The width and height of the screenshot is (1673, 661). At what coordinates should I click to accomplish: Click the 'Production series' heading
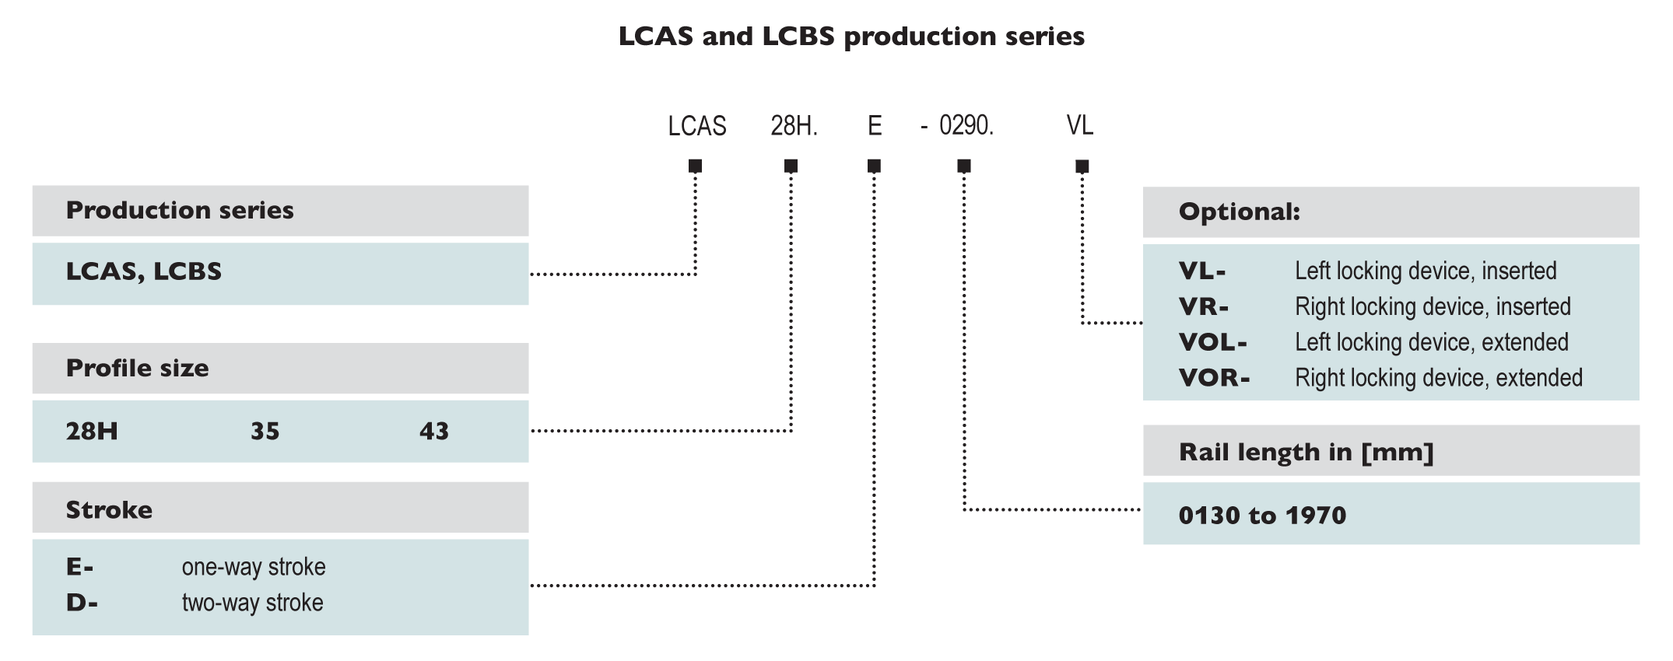point(180,210)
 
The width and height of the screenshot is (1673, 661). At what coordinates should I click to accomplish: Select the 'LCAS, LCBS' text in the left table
point(143,271)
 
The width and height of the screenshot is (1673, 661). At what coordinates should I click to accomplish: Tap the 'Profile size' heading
point(137,368)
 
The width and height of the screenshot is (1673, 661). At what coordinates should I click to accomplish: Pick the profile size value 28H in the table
point(92,431)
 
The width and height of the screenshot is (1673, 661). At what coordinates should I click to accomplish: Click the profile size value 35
point(265,431)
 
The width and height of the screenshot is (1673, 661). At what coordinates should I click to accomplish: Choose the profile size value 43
point(434,431)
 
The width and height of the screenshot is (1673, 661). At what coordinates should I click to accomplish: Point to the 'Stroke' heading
point(109,510)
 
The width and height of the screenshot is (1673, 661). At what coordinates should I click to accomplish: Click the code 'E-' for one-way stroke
point(79,567)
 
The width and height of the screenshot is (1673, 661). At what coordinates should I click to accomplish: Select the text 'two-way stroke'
point(252,603)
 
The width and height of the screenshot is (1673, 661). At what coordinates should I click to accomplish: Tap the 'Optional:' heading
point(1239,212)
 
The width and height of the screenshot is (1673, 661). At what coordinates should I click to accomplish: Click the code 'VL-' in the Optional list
point(1201,271)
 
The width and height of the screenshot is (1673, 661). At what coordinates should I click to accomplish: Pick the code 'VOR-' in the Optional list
point(1214,378)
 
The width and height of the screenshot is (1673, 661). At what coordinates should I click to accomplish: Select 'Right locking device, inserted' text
point(1433,306)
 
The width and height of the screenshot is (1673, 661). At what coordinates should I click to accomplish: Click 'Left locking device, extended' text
point(1431,342)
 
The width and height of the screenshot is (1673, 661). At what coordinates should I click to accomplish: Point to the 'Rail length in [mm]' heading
point(1306,452)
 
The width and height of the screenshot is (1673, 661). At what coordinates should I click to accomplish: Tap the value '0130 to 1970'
point(1262,515)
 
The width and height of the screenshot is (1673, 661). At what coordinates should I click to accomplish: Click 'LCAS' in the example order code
point(696,126)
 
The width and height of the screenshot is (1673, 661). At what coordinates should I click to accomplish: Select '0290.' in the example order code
point(966,125)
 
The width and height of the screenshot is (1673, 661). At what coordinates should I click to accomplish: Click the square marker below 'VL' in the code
point(1082,166)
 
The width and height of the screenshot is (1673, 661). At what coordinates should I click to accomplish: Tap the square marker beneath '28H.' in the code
point(791,166)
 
